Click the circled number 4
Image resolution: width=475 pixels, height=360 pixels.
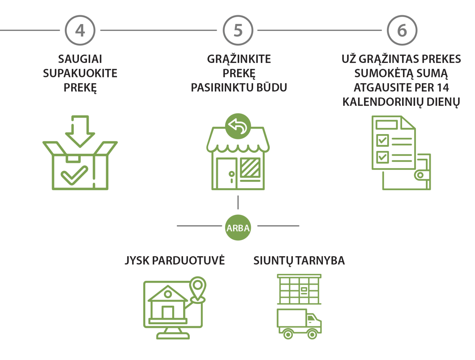(x=80, y=30)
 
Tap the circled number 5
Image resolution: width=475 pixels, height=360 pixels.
(x=238, y=30)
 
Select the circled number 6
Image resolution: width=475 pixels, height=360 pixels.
(x=402, y=30)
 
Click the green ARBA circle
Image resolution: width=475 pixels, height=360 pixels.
(x=238, y=228)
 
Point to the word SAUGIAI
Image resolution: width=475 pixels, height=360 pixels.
(x=80, y=59)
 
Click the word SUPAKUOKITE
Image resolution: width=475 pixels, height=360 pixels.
(x=80, y=73)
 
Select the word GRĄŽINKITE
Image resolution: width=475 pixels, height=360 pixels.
(x=239, y=59)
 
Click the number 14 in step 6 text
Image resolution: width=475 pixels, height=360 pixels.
(x=443, y=88)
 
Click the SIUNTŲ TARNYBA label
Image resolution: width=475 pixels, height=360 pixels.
(x=299, y=260)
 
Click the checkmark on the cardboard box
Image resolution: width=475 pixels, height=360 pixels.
(x=74, y=175)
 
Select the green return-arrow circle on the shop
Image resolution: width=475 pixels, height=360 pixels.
(x=238, y=126)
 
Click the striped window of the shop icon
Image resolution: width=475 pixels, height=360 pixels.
(x=250, y=168)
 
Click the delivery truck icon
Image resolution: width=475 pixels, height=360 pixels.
(x=299, y=324)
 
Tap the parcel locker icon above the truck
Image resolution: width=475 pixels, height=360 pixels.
(x=299, y=289)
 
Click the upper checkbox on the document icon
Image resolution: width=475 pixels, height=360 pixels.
(x=382, y=140)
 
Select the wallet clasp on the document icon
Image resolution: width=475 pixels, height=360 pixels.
(x=420, y=175)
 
